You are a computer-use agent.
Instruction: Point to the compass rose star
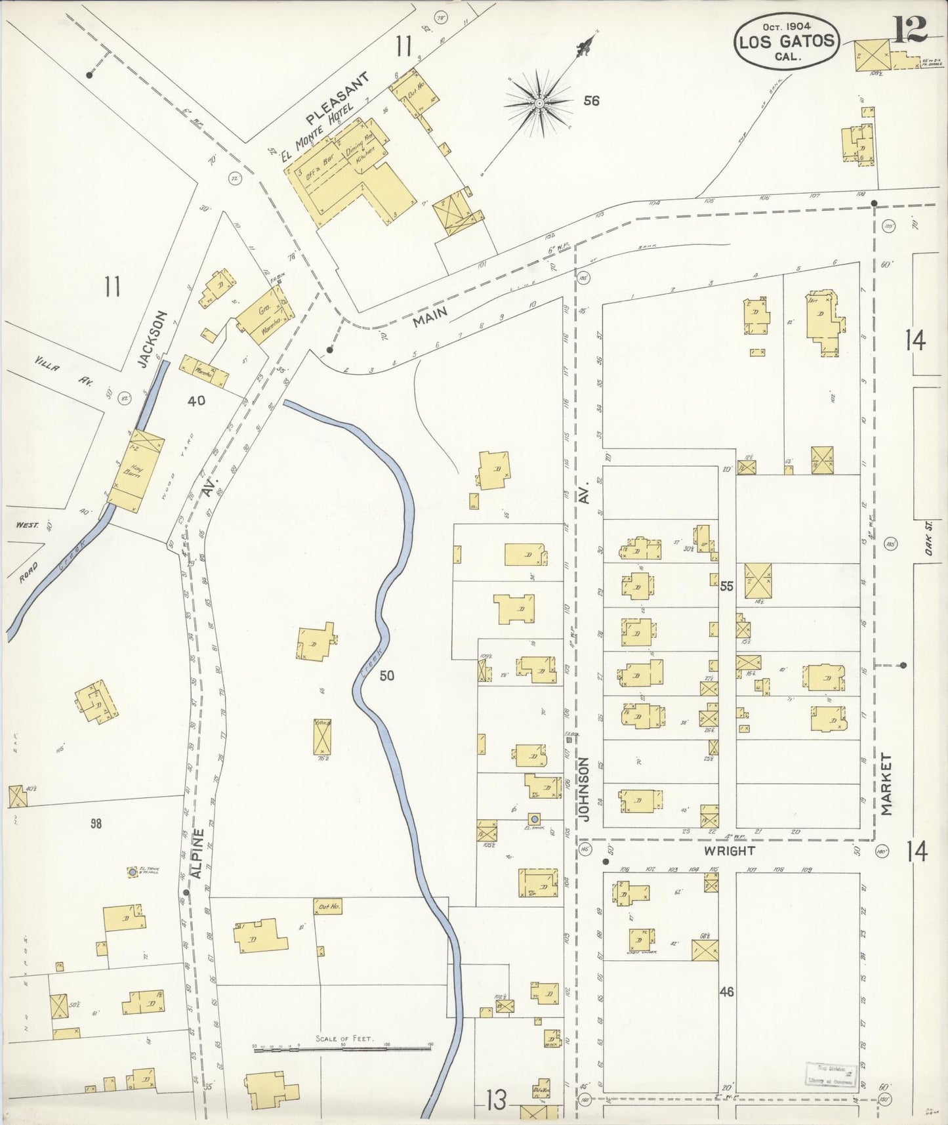539,103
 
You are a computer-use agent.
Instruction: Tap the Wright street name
729,851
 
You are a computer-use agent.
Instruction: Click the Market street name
887,784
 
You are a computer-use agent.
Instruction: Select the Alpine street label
199,853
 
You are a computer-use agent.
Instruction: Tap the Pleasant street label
338,99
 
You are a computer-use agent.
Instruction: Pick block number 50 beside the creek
387,675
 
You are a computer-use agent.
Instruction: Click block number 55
726,586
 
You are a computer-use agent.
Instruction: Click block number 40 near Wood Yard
196,400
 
